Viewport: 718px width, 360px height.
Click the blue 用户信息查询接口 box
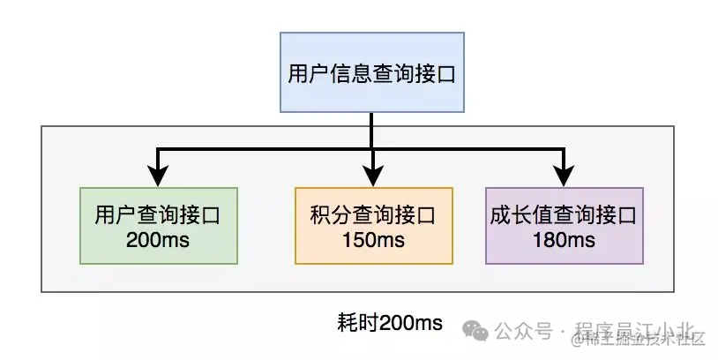coord(371,72)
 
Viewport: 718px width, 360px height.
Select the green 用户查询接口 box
coord(158,225)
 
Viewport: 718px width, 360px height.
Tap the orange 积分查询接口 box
coord(373,225)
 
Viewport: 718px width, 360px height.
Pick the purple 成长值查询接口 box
coord(564,225)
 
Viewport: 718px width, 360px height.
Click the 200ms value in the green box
coord(158,238)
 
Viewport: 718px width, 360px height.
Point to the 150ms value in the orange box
coord(373,238)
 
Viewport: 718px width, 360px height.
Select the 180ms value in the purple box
coord(564,238)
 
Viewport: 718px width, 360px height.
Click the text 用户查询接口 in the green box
coord(158,214)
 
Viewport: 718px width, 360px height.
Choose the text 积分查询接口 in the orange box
coord(373,214)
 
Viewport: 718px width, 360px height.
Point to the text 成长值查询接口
coord(564,214)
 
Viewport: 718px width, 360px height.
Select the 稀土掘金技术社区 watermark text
coord(641,339)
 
